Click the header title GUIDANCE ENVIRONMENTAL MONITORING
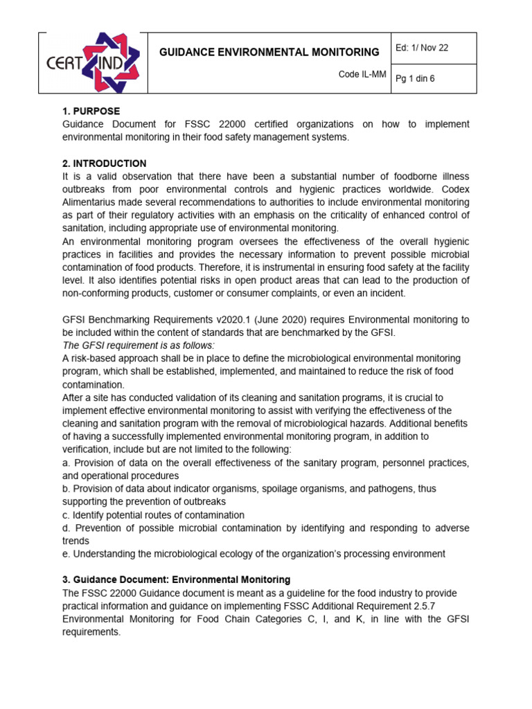coord(269,52)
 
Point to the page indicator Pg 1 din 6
coord(416,79)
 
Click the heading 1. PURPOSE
coord(91,111)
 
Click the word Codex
coord(453,189)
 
